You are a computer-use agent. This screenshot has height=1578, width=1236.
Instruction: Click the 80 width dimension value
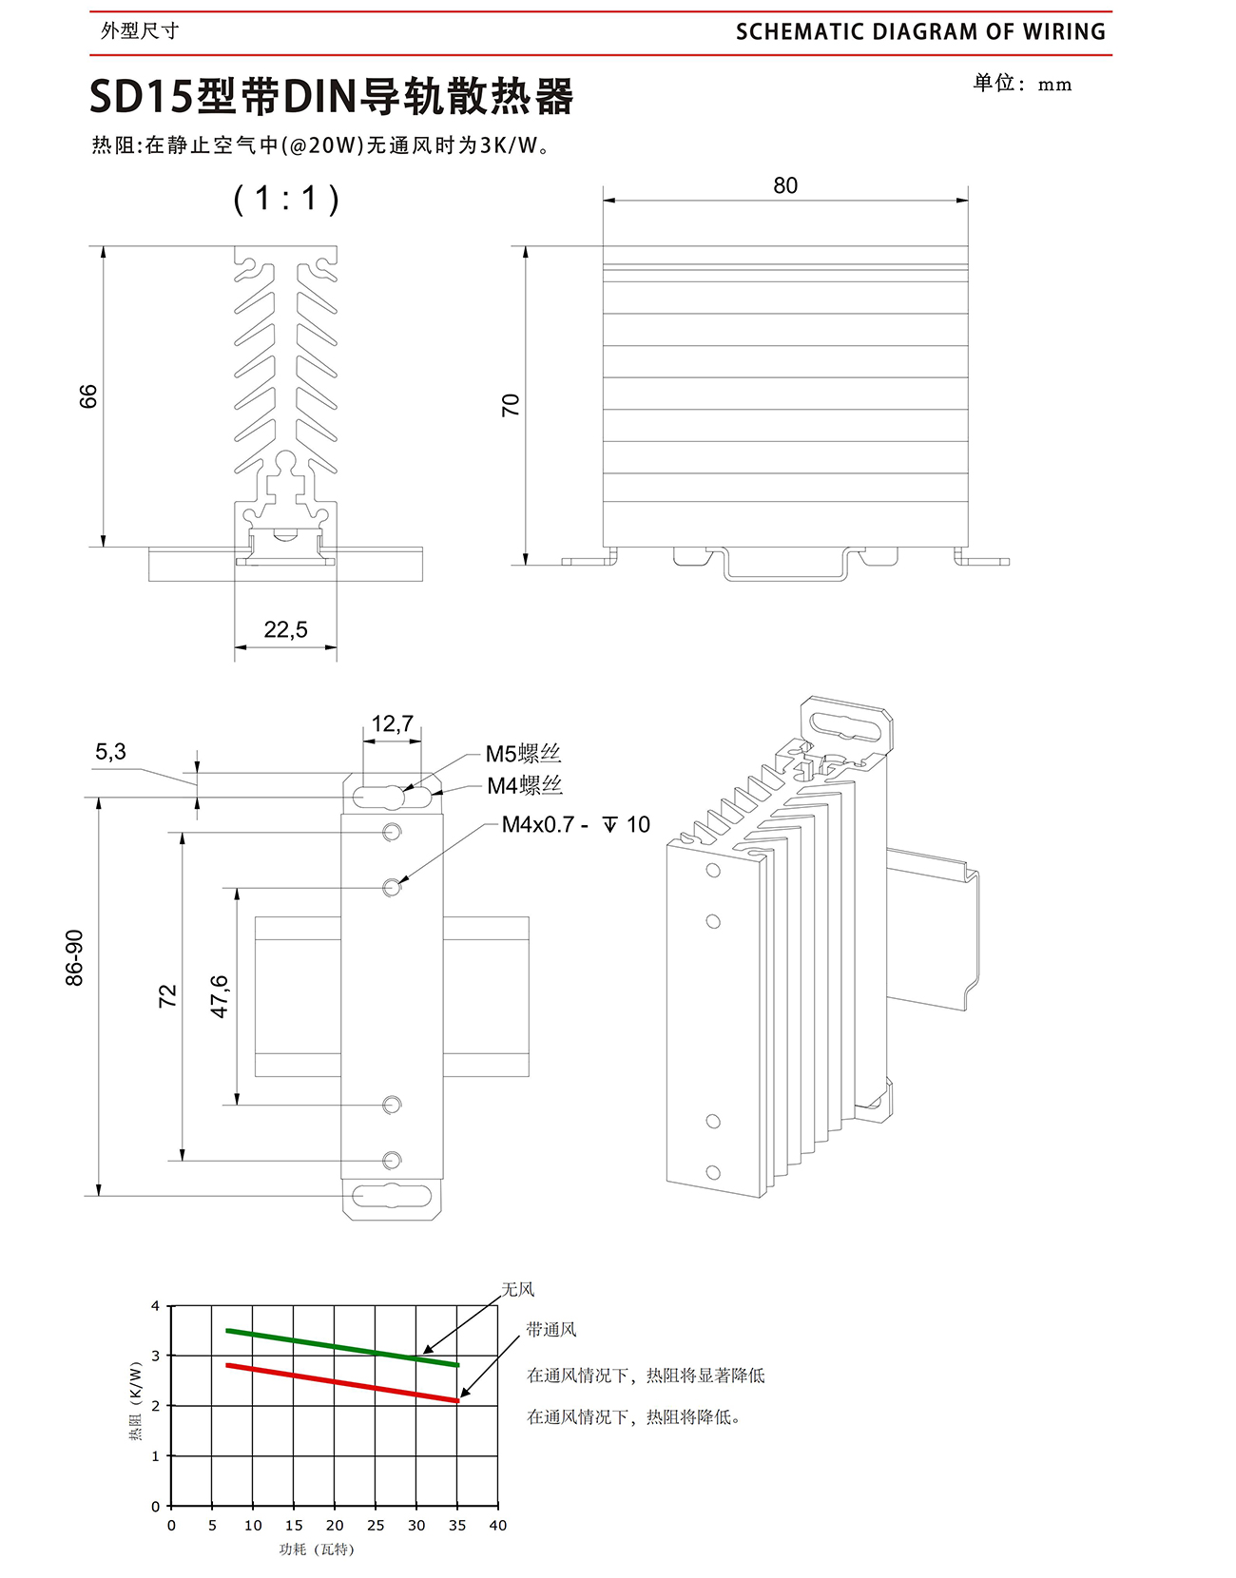point(785,185)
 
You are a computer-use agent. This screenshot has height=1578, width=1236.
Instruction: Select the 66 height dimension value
point(88,396)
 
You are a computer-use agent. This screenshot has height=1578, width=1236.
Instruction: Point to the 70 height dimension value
point(511,405)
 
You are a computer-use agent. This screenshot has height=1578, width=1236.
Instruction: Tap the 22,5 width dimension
point(286,629)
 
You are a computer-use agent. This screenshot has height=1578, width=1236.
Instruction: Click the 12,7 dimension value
point(392,724)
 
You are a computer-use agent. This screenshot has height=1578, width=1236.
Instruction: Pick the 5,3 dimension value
point(110,752)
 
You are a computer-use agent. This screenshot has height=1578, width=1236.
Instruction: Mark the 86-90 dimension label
point(74,957)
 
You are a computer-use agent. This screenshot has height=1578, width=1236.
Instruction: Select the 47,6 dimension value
point(220,996)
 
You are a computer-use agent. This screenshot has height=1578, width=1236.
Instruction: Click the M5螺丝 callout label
point(523,754)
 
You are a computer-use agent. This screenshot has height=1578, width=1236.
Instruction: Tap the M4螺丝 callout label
point(525,785)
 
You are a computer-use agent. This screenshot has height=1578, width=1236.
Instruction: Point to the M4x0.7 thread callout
point(575,825)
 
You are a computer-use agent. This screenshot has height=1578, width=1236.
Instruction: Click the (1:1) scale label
point(286,198)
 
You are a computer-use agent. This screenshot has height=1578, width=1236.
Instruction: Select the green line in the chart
point(342,1347)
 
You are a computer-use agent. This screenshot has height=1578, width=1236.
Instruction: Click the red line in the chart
point(342,1382)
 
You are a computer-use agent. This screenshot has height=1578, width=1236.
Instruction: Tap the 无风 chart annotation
point(518,1289)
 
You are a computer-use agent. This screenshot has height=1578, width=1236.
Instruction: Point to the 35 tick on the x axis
point(457,1525)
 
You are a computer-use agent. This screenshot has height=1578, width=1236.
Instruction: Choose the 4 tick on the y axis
point(156,1306)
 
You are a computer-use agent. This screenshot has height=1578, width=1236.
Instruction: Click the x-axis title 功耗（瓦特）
point(317,1549)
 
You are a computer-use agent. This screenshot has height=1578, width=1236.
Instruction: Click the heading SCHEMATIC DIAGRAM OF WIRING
point(920,31)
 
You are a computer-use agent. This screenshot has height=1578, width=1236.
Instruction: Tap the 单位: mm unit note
point(1022,84)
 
